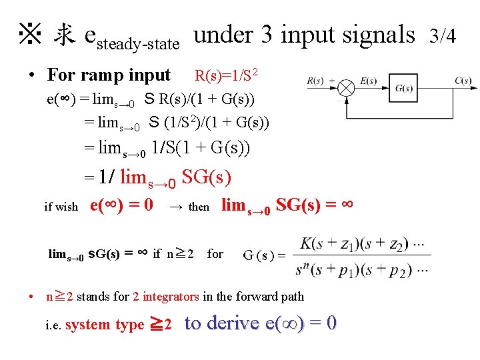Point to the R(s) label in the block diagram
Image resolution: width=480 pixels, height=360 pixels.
[x=316, y=81]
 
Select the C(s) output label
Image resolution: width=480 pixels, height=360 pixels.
[x=463, y=81]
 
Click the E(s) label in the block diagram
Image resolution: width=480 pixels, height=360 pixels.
[x=368, y=81]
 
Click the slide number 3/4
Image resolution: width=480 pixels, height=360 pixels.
[x=443, y=35]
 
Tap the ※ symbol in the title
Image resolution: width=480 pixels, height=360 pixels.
[x=30, y=34]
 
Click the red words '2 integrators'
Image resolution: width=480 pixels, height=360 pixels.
[x=165, y=297]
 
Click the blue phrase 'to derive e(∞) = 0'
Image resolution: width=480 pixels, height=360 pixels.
[x=261, y=323]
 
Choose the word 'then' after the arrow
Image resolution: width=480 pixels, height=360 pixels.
[x=199, y=207]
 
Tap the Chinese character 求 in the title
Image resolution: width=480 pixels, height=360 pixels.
[x=64, y=35]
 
